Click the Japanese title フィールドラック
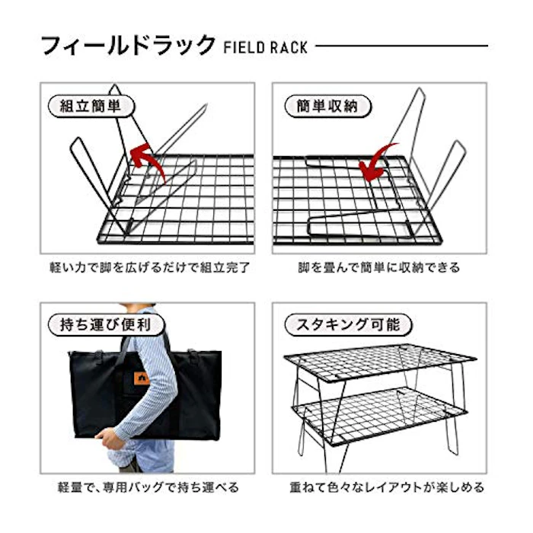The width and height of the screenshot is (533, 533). (128, 45)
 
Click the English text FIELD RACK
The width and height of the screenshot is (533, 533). (266, 47)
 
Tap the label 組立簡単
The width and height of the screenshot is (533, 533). (91, 106)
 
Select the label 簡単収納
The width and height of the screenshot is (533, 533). (327, 106)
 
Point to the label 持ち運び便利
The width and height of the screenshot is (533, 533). (106, 324)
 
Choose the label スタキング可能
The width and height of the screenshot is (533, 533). (348, 324)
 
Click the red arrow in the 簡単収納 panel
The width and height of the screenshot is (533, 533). (378, 162)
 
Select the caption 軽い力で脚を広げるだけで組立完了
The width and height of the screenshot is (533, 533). (149, 267)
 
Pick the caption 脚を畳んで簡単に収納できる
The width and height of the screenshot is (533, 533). (379, 267)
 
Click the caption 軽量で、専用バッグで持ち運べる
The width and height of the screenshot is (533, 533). (148, 487)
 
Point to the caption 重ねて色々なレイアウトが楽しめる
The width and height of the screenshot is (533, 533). (387, 487)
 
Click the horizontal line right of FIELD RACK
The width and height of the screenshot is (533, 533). (402, 46)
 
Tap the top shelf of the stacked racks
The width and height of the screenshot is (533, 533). (380, 363)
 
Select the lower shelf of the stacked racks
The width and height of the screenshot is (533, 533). (379, 416)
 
